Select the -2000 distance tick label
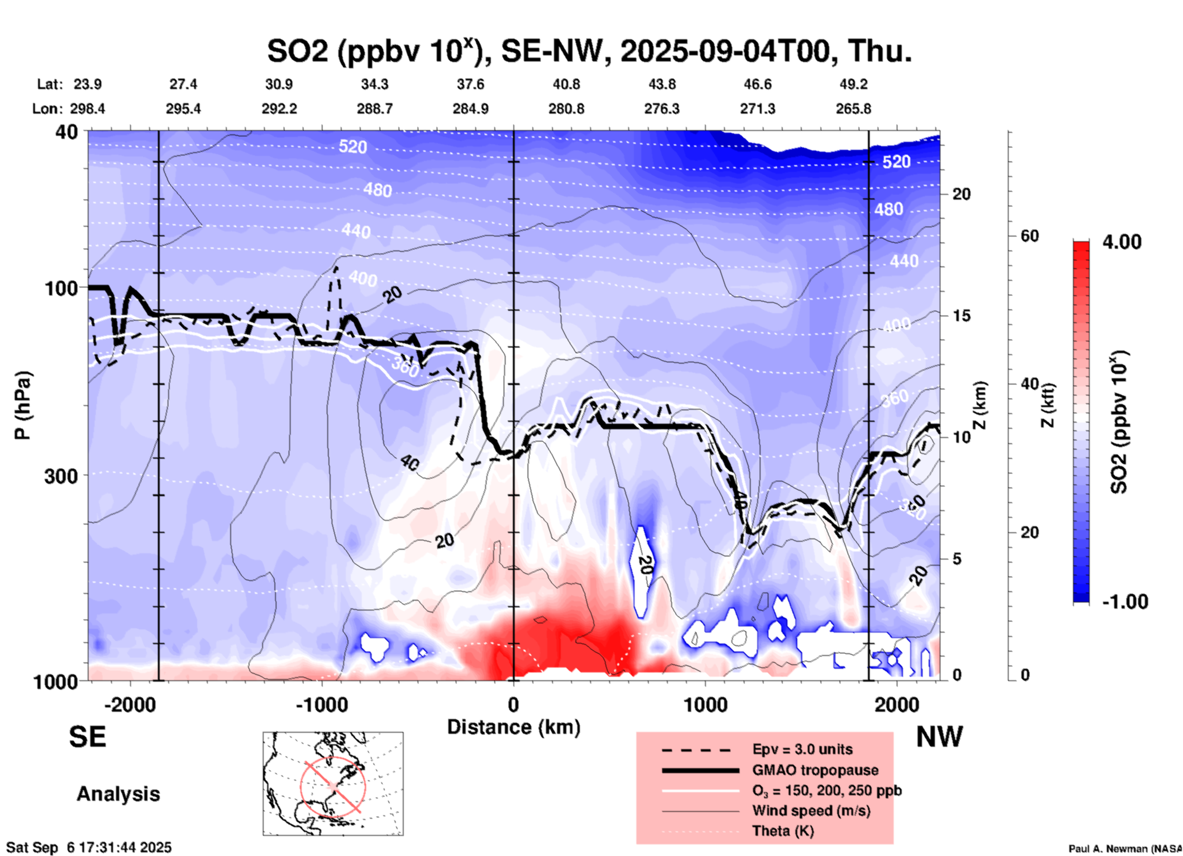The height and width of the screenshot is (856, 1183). tap(130, 704)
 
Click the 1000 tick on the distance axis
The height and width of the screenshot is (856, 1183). tap(705, 704)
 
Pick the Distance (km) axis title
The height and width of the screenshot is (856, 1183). tap(513, 727)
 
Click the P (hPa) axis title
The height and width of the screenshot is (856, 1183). tap(23, 405)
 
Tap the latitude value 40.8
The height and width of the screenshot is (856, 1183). tap(566, 84)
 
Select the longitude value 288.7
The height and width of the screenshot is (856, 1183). tap(375, 109)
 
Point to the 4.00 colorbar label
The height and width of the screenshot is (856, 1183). tap(1122, 242)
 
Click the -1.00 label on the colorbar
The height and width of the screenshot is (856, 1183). tap(1125, 602)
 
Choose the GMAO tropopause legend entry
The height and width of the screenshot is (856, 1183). tap(815, 770)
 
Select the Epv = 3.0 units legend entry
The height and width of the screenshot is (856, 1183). tap(802, 749)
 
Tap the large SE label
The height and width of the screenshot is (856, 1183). tap(87, 737)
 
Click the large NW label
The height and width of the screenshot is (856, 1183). tap(939, 737)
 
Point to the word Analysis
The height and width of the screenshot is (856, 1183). tap(118, 794)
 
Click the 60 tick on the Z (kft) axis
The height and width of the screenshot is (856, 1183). tap(1029, 236)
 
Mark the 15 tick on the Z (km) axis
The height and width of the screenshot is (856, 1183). tap(961, 316)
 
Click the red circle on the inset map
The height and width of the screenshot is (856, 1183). tap(333, 786)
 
